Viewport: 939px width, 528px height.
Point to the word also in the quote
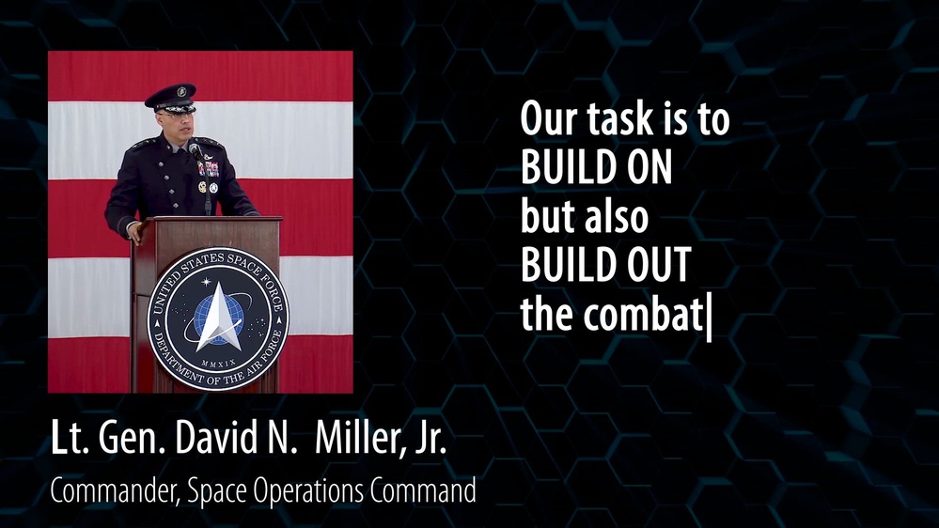(617, 218)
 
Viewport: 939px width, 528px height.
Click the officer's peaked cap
(170, 97)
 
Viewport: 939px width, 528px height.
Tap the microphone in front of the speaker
(195, 148)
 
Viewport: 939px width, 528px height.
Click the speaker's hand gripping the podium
(135, 228)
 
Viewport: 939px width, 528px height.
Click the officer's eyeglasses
(178, 111)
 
